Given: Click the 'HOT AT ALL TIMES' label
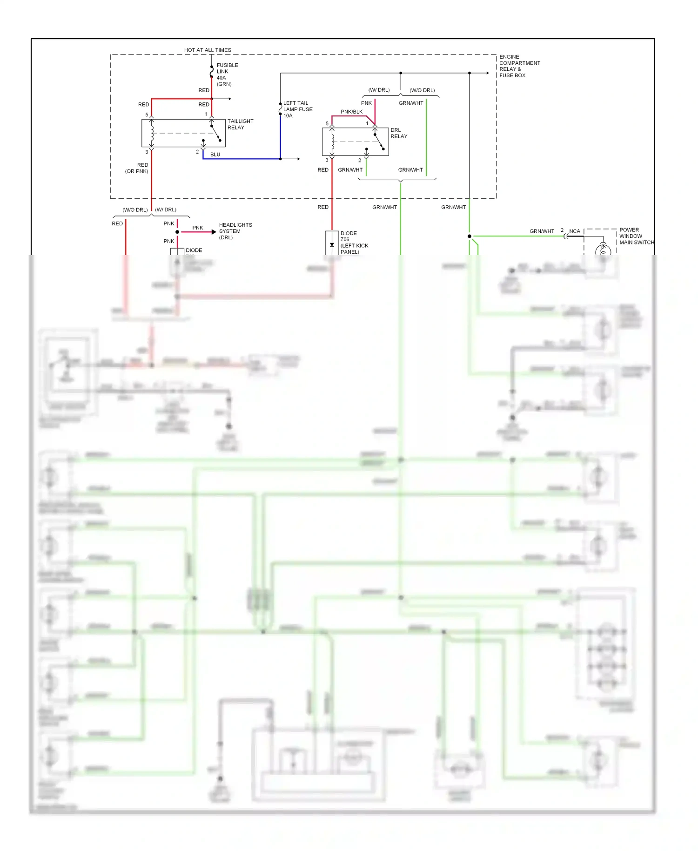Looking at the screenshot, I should pyautogui.click(x=208, y=50).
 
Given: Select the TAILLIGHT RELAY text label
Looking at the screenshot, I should pyautogui.click(x=240, y=124).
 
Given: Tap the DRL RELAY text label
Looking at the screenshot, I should pyautogui.click(x=399, y=133).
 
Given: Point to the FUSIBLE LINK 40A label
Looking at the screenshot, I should pyautogui.click(x=227, y=74).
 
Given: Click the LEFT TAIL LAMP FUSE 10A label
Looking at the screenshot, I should pyautogui.click(x=297, y=109).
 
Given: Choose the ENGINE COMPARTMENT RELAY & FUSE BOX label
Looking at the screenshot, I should pyautogui.click(x=519, y=66).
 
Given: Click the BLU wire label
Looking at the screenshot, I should pyautogui.click(x=215, y=155).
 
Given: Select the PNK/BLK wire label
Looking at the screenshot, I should pyautogui.click(x=351, y=112).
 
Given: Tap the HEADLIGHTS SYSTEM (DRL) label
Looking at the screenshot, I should pyautogui.click(x=235, y=231).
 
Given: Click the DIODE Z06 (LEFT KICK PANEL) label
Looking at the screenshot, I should pyautogui.click(x=354, y=243).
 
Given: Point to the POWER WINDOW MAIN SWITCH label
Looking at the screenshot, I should pyautogui.click(x=636, y=236).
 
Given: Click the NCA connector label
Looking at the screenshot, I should pyautogui.click(x=575, y=231).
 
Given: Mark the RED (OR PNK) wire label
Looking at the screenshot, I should pyautogui.click(x=137, y=168).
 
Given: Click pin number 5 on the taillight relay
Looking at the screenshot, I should pyautogui.click(x=147, y=115).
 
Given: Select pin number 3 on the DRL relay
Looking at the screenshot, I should pyautogui.click(x=327, y=160).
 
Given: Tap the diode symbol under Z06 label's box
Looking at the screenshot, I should pyautogui.click(x=332, y=245).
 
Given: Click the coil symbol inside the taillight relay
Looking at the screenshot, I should pyautogui.click(x=152, y=133).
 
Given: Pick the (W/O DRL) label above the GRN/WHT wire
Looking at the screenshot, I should pyautogui.click(x=422, y=90).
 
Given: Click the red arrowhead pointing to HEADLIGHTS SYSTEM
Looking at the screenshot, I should pyautogui.click(x=214, y=232).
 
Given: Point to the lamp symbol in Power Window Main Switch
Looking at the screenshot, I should pyautogui.click(x=603, y=250).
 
